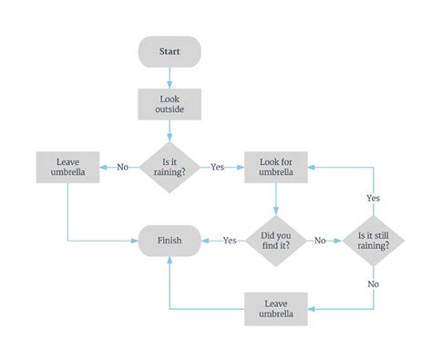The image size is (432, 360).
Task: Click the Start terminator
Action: tap(170, 51)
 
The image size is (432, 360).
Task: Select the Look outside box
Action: tap(170, 104)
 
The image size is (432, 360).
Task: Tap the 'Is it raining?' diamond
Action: tap(170, 167)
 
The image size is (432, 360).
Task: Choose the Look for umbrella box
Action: tap(276, 167)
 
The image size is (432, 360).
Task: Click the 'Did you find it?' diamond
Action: tap(276, 241)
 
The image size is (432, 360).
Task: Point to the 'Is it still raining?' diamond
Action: tap(373, 241)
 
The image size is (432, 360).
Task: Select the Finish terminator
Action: tap(170, 241)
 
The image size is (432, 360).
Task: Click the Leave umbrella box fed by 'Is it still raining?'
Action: tap(276, 309)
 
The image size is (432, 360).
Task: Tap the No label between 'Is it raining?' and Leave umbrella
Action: tap(122, 167)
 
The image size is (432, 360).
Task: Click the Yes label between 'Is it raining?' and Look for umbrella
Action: tap(217, 167)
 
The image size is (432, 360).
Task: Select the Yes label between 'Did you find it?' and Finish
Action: tap(230, 241)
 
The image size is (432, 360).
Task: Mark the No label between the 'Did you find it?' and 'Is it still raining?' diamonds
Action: tap(321, 241)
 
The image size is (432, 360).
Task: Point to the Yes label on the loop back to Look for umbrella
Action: tap(373, 198)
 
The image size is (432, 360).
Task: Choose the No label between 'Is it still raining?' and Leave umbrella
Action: tap(373, 283)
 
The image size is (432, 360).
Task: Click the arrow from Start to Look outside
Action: tap(170, 77)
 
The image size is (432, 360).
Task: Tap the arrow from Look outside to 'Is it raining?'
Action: tap(170, 129)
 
